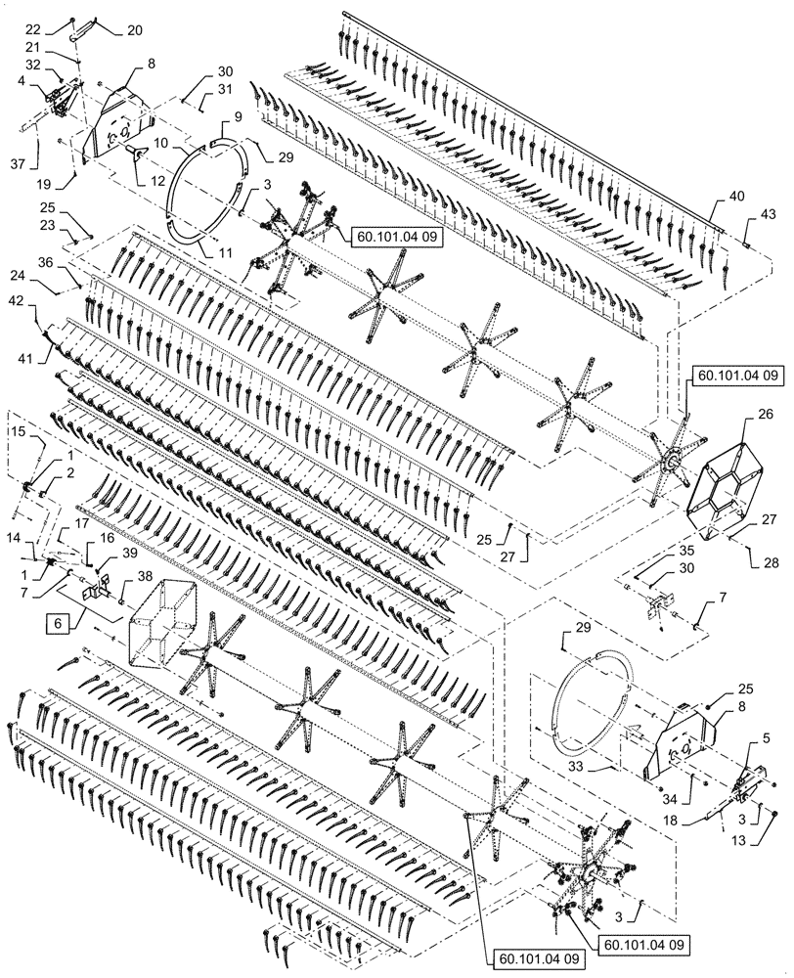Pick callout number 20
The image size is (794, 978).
click(134, 29)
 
